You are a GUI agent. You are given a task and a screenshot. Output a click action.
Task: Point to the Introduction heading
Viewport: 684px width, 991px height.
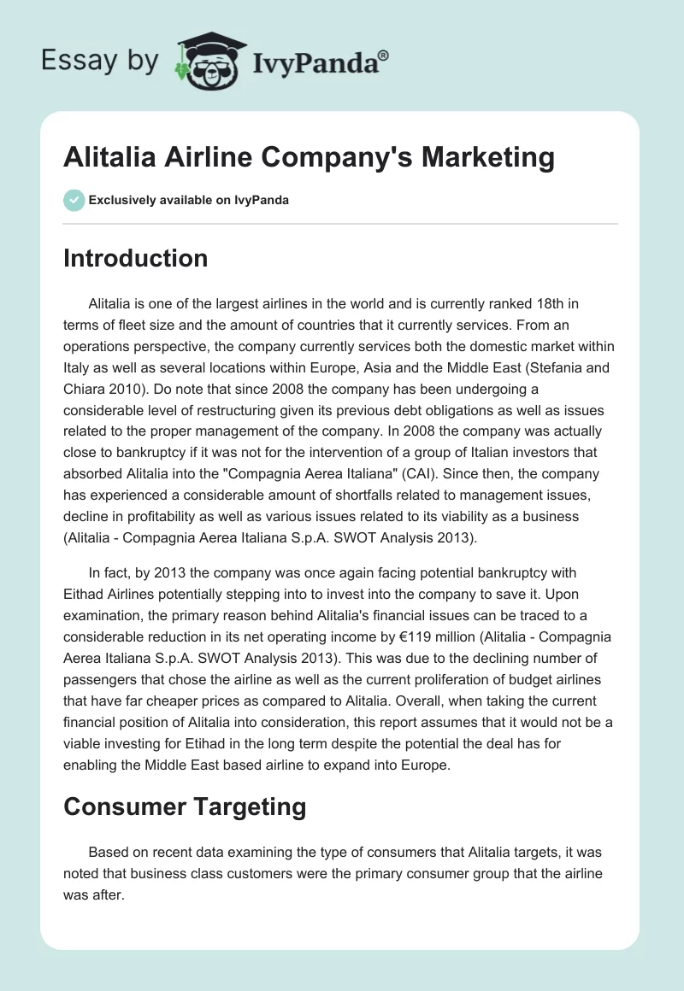[x=135, y=258]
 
